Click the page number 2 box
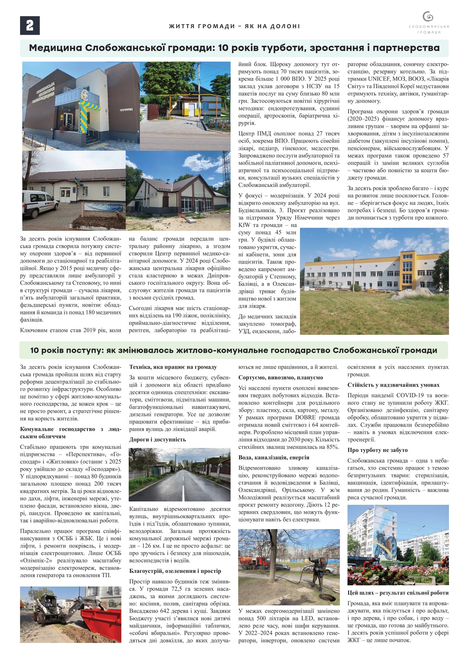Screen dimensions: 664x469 [30, 25]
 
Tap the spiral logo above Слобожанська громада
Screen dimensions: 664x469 [428, 17]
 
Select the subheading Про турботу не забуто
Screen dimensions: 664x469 [377, 450]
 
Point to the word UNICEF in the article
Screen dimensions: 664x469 [382, 79]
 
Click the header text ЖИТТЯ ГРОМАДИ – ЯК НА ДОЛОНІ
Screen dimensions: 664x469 [234, 26]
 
